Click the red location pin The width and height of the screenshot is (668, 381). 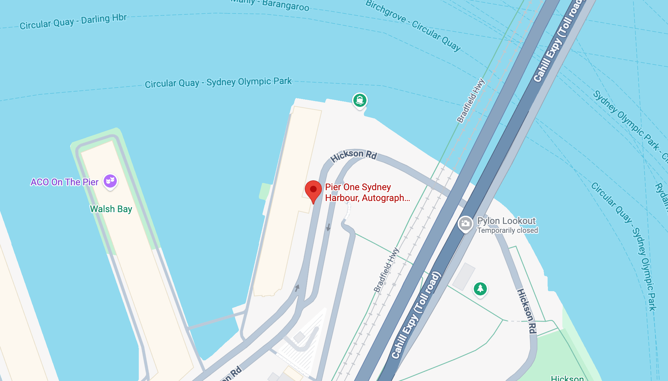(x=313, y=190)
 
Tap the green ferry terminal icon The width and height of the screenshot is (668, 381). (x=360, y=100)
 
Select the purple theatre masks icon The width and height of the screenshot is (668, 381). (x=110, y=181)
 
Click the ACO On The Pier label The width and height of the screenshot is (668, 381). (x=64, y=182)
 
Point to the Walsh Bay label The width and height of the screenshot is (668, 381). (x=111, y=209)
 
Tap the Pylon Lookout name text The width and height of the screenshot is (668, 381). (x=506, y=221)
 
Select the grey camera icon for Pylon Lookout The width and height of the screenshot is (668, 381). (x=465, y=224)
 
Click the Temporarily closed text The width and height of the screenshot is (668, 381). (x=508, y=231)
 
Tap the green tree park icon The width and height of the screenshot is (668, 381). (x=480, y=289)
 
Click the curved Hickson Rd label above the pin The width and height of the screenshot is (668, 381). (x=353, y=155)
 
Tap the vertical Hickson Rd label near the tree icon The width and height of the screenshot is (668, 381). (x=527, y=311)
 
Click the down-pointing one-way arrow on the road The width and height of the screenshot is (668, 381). (x=328, y=227)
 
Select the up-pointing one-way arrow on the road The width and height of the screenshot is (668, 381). (x=297, y=288)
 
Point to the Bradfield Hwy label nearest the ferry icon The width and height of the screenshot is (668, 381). (x=471, y=100)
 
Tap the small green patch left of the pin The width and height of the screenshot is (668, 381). (x=265, y=191)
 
